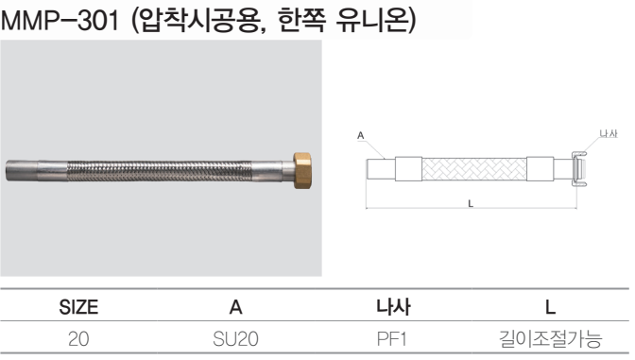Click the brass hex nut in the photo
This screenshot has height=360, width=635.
[302, 171]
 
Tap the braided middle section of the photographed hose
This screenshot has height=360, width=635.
[159, 171]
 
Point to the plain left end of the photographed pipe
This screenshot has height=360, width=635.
[22, 170]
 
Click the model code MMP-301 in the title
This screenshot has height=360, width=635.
[60, 20]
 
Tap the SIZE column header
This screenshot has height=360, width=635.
[78, 307]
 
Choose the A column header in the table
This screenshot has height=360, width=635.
[235, 307]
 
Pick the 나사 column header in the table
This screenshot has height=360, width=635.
[393, 306]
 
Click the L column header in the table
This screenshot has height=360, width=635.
[550, 307]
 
